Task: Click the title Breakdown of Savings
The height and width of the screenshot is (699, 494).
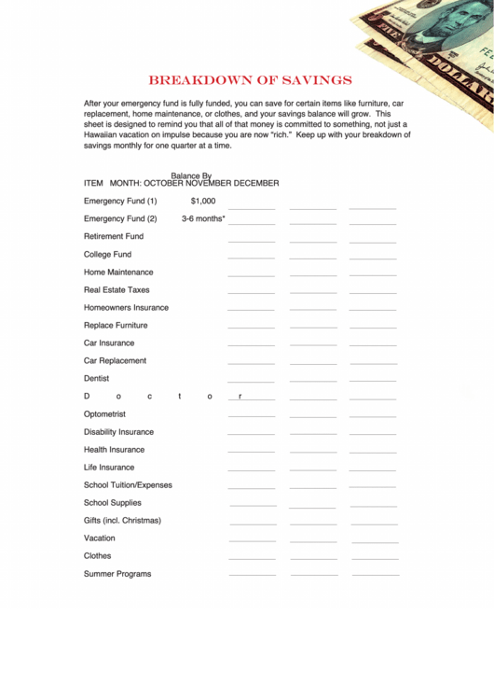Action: tap(251, 80)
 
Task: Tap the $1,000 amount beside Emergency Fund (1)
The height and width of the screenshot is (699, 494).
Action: tap(203, 201)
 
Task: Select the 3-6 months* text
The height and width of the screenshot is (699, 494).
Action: tap(203, 218)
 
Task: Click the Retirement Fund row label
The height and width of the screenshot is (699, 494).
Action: tap(114, 236)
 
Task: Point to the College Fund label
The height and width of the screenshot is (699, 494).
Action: tap(107, 254)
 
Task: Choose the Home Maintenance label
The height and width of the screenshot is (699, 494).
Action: tap(118, 272)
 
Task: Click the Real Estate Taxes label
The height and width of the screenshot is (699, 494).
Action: tap(117, 289)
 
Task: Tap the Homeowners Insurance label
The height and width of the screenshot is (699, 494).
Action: tap(126, 307)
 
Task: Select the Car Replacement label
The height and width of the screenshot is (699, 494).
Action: tap(115, 360)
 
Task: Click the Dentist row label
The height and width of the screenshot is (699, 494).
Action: tap(96, 378)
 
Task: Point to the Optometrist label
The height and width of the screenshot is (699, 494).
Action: tap(104, 413)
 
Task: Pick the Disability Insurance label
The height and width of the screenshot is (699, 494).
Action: tap(118, 431)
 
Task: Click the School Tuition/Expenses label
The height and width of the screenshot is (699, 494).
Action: tap(128, 484)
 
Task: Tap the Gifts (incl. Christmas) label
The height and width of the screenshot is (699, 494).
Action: tap(122, 520)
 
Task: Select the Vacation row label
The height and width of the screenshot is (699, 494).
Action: tap(100, 538)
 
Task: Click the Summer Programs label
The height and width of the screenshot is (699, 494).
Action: tap(117, 573)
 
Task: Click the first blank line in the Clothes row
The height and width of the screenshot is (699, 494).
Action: tap(252, 558)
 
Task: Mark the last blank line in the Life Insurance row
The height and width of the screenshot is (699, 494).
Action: tap(373, 469)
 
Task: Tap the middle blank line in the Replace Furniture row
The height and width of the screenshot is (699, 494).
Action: tap(312, 328)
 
